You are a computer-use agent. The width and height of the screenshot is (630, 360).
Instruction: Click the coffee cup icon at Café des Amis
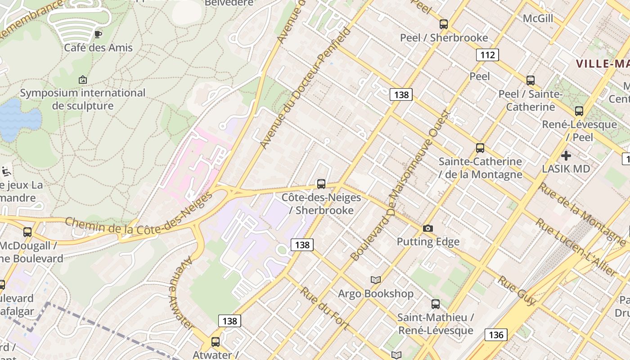click(x=98, y=34)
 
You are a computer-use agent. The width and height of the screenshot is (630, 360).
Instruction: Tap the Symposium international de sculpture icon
click(x=83, y=80)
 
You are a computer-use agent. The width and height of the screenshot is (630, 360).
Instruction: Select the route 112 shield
click(x=487, y=55)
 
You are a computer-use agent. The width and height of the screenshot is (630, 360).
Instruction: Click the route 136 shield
click(x=496, y=335)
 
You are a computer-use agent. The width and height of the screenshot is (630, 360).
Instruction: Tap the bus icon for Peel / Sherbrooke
click(x=444, y=24)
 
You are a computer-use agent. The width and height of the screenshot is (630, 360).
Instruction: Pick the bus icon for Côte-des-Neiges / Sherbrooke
click(x=321, y=184)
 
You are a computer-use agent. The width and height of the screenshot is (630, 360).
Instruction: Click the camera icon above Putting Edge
click(x=428, y=229)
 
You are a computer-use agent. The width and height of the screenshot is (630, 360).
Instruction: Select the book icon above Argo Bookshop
click(x=376, y=280)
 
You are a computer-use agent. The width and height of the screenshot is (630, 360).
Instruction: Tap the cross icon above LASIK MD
click(x=566, y=156)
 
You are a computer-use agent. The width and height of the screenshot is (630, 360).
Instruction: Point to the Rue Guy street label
click(x=517, y=291)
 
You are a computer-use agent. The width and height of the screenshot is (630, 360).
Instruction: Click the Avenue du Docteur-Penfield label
click(x=306, y=88)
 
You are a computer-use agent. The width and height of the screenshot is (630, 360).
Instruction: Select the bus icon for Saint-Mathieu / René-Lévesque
click(x=436, y=304)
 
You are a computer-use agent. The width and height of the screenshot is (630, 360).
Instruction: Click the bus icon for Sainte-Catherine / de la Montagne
click(x=480, y=148)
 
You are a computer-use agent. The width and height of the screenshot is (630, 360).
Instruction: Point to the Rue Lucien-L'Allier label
click(x=576, y=247)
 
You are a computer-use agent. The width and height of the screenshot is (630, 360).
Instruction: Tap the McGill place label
click(x=538, y=18)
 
